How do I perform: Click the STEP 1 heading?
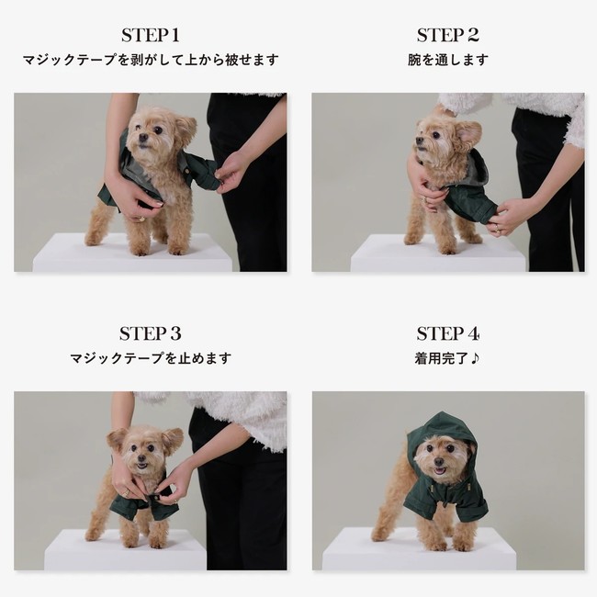pyautogui.click(x=151, y=36)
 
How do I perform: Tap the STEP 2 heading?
pyautogui.click(x=448, y=36)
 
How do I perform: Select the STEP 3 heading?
pyautogui.click(x=151, y=333)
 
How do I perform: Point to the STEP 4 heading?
pyautogui.click(x=448, y=333)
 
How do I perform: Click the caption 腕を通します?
pyautogui.click(x=448, y=60)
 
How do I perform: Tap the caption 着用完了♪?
pyautogui.click(x=446, y=358)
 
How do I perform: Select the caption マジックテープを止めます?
pyautogui.click(x=151, y=358)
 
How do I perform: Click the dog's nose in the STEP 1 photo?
pyautogui.click(x=143, y=138)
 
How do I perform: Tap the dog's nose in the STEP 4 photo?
pyautogui.click(x=439, y=461)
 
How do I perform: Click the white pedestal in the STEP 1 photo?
pyautogui.click(x=132, y=253)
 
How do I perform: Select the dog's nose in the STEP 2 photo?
pyautogui.click(x=420, y=140)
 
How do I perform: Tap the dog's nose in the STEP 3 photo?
pyautogui.click(x=141, y=458)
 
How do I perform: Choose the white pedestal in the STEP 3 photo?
pyautogui.click(x=126, y=550)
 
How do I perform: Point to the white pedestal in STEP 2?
pyautogui.click(x=438, y=253)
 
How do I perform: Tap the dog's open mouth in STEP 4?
pyautogui.click(x=439, y=471)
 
